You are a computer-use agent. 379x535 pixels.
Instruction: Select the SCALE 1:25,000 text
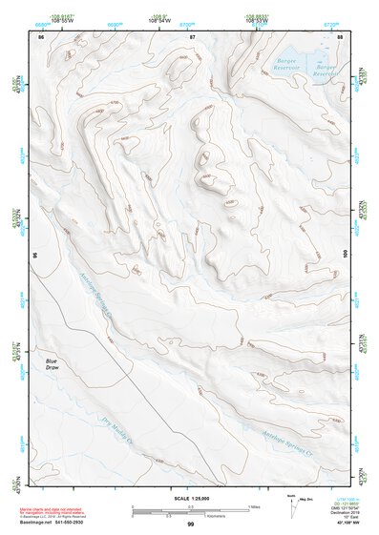point(189,499)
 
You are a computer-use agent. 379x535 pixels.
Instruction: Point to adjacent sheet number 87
point(193,35)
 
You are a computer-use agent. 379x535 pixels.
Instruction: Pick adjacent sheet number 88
point(341,35)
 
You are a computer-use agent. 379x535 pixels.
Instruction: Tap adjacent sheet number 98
point(35,257)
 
